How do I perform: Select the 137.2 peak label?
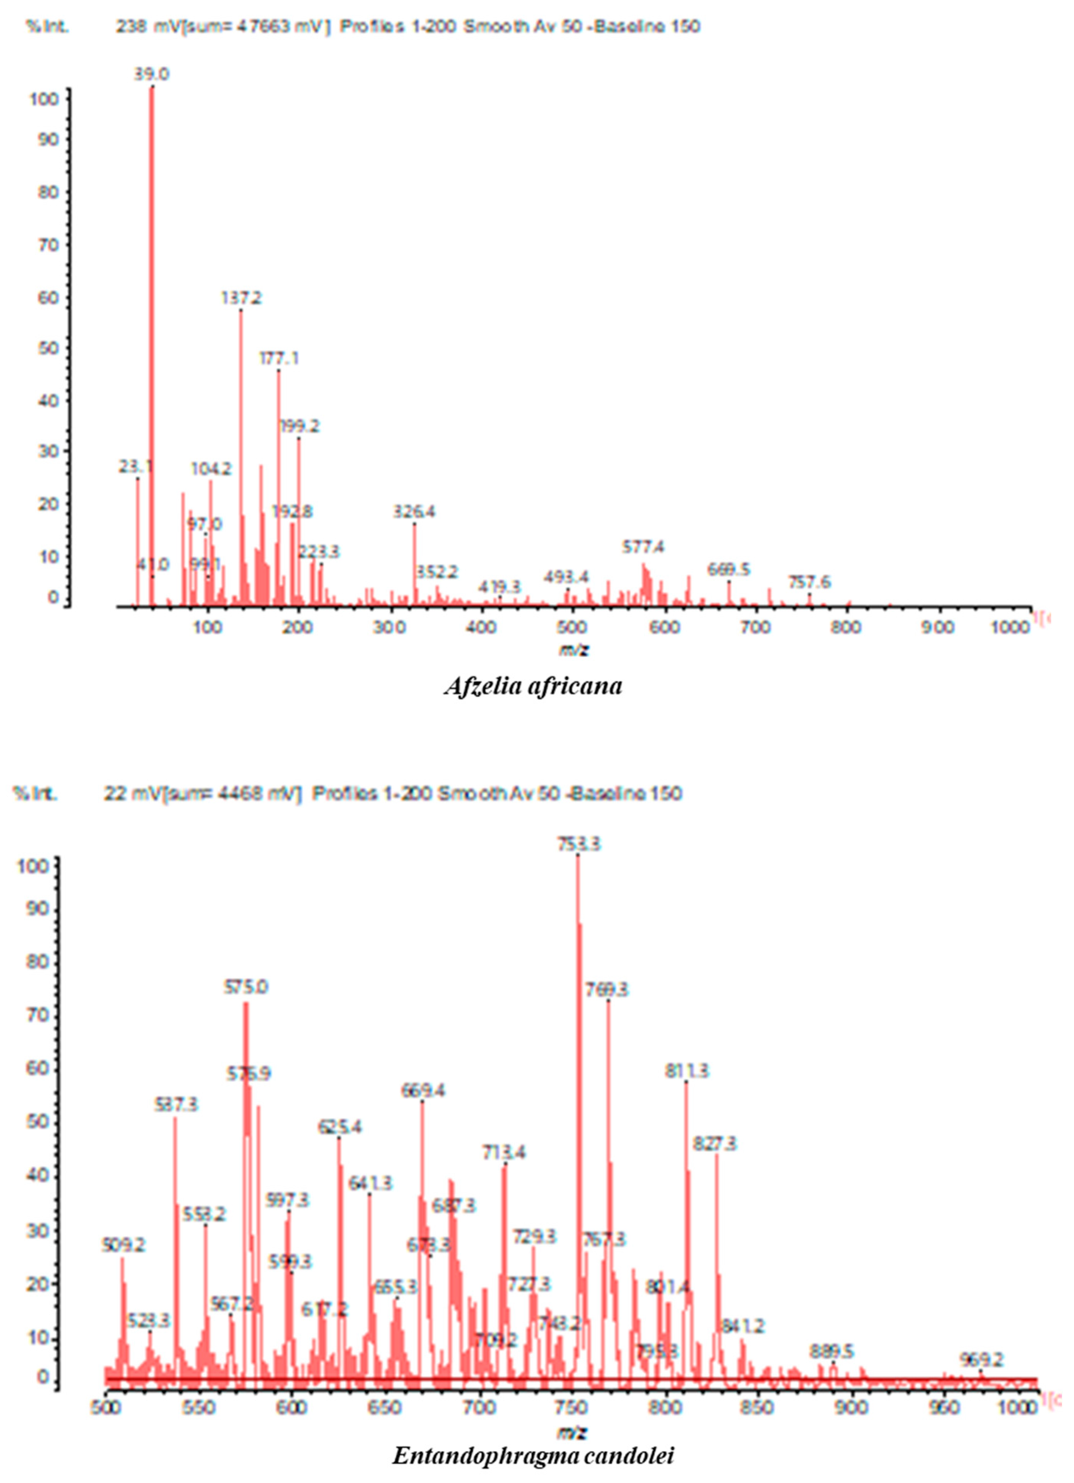tap(241, 298)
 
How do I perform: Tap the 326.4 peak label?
tap(414, 512)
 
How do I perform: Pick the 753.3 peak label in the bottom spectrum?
tap(578, 845)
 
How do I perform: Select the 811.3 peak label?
tap(686, 1071)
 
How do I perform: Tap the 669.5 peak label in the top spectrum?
tap(729, 569)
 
